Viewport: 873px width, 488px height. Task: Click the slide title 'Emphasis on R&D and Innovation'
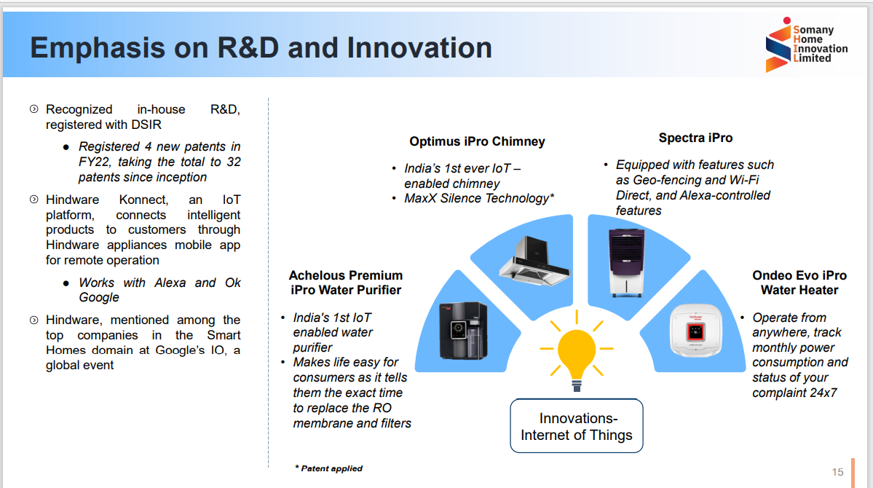261,48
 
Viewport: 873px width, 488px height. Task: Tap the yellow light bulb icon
576,354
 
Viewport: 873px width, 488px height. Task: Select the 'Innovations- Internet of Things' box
576,427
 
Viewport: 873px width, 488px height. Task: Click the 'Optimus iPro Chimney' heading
477,141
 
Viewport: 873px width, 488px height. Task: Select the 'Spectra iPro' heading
695,138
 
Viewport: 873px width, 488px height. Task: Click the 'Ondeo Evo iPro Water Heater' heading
799,283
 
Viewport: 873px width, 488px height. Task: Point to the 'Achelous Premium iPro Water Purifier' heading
345,283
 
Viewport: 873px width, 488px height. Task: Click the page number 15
837,472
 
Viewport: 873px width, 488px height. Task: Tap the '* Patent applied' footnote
328,468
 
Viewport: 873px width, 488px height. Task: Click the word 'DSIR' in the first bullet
146,125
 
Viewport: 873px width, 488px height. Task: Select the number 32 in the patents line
233,162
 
